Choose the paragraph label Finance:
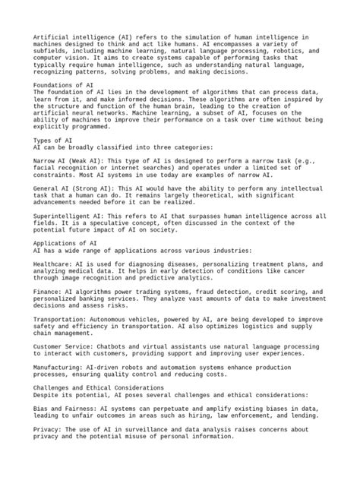click(47, 291)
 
